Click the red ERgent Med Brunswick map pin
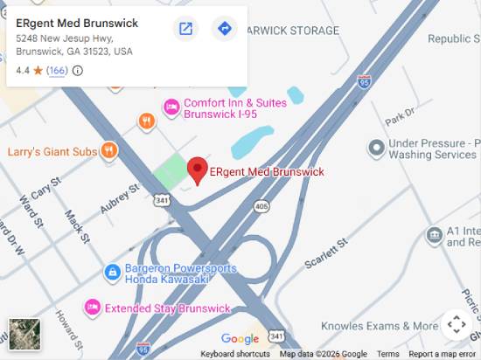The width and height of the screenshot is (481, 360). click(x=199, y=170)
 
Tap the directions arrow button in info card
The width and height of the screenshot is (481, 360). click(x=225, y=29)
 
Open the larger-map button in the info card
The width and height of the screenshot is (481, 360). click(x=185, y=29)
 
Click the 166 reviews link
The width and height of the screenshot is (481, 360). click(x=58, y=71)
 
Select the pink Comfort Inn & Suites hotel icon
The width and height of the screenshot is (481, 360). click(x=172, y=107)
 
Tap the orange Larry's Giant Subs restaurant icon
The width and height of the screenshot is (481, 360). click(x=108, y=151)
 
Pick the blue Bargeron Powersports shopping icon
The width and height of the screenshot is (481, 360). click(x=112, y=273)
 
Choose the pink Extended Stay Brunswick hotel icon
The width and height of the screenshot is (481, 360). click(x=92, y=308)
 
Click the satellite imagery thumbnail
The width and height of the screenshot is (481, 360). click(x=24, y=335)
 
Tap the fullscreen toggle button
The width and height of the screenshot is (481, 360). click(x=457, y=325)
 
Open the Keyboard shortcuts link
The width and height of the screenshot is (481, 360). click(x=235, y=354)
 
